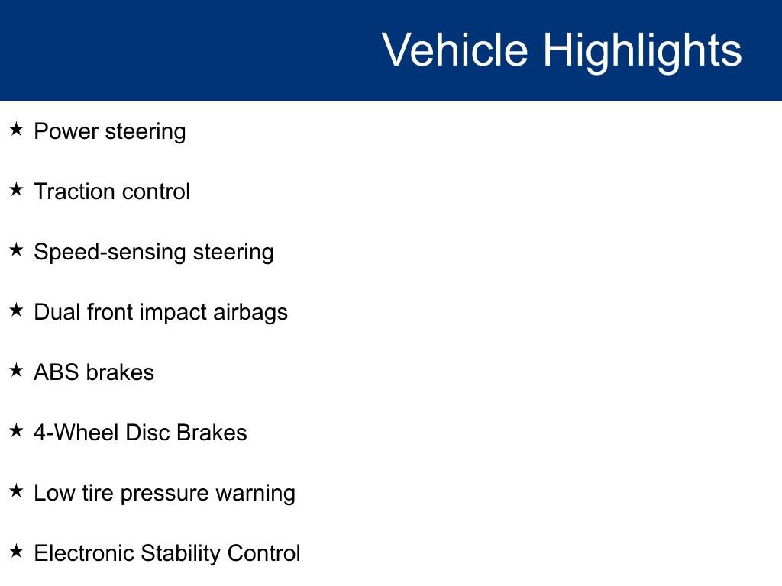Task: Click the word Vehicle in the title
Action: [454, 50]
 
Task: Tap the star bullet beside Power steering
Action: [16, 130]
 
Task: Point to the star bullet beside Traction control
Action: [16, 190]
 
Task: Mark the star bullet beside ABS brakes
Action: [16, 371]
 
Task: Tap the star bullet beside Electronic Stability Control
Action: [16, 552]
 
